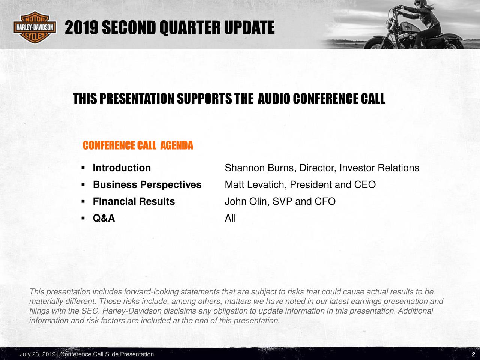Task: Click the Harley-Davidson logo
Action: (34, 27)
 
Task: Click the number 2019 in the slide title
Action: (81, 27)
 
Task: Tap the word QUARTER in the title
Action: (190, 27)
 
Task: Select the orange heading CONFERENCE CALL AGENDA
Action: (138, 145)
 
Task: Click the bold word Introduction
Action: (122, 168)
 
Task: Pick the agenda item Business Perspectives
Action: (147, 185)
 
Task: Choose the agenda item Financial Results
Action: (134, 201)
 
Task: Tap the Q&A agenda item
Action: (104, 218)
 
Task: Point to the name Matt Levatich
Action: (254, 185)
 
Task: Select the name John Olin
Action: (246, 201)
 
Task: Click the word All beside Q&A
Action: (230, 218)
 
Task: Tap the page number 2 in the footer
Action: (473, 354)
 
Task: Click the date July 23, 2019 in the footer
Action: (37, 354)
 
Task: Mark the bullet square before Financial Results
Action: (83, 201)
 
